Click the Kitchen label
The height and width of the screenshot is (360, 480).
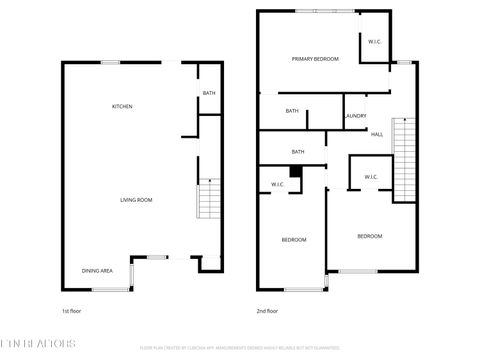[122, 106]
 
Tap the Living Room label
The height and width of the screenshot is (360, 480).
[136, 200]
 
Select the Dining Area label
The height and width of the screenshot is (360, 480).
[97, 271]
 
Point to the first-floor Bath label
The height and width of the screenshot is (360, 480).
[209, 93]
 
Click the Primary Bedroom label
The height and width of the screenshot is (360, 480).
[315, 59]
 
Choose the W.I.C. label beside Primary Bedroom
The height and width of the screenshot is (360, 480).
[374, 42]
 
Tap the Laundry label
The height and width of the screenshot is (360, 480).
[355, 115]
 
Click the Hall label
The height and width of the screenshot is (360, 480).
[377, 134]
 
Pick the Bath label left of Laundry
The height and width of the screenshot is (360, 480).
[292, 111]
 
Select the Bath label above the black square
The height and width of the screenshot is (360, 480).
[298, 151]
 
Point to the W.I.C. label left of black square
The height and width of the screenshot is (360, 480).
[278, 184]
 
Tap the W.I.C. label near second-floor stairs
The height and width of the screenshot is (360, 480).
[371, 177]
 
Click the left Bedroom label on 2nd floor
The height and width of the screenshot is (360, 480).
[293, 240]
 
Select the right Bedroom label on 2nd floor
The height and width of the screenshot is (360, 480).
[370, 236]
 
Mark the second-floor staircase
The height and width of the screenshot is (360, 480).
[405, 160]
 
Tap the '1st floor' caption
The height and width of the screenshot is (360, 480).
[72, 311]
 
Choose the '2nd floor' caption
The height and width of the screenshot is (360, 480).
[267, 311]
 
